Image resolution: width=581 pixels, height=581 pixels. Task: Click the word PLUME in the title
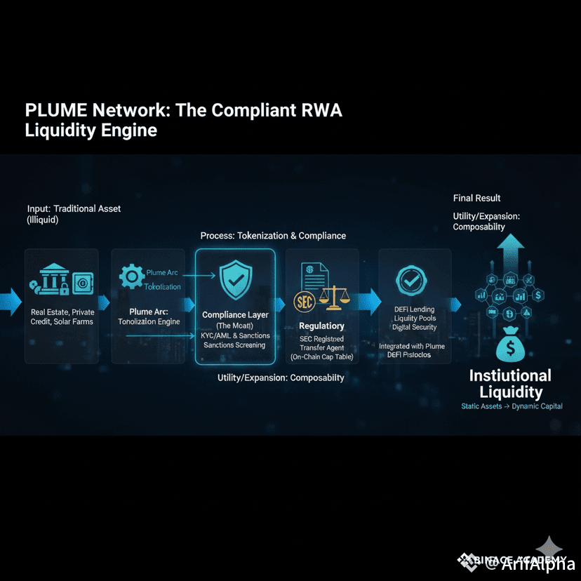point(55,111)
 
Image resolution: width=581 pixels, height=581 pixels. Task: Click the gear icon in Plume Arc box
point(131,276)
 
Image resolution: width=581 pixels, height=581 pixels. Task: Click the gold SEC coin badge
point(303,303)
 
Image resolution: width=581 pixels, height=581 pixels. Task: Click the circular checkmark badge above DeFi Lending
point(409,281)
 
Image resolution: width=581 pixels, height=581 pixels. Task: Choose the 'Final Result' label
point(476,198)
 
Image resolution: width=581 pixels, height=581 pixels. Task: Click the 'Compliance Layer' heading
point(235,315)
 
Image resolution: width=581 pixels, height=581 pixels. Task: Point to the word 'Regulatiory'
point(321,326)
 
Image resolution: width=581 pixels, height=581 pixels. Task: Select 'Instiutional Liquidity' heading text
point(510,384)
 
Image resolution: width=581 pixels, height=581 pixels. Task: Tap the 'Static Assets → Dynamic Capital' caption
point(512,406)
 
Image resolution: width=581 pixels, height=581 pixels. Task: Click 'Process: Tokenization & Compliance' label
point(273,236)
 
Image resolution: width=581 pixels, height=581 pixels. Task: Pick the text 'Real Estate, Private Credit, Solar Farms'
point(62,316)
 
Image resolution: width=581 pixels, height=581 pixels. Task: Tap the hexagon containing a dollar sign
point(538,295)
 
